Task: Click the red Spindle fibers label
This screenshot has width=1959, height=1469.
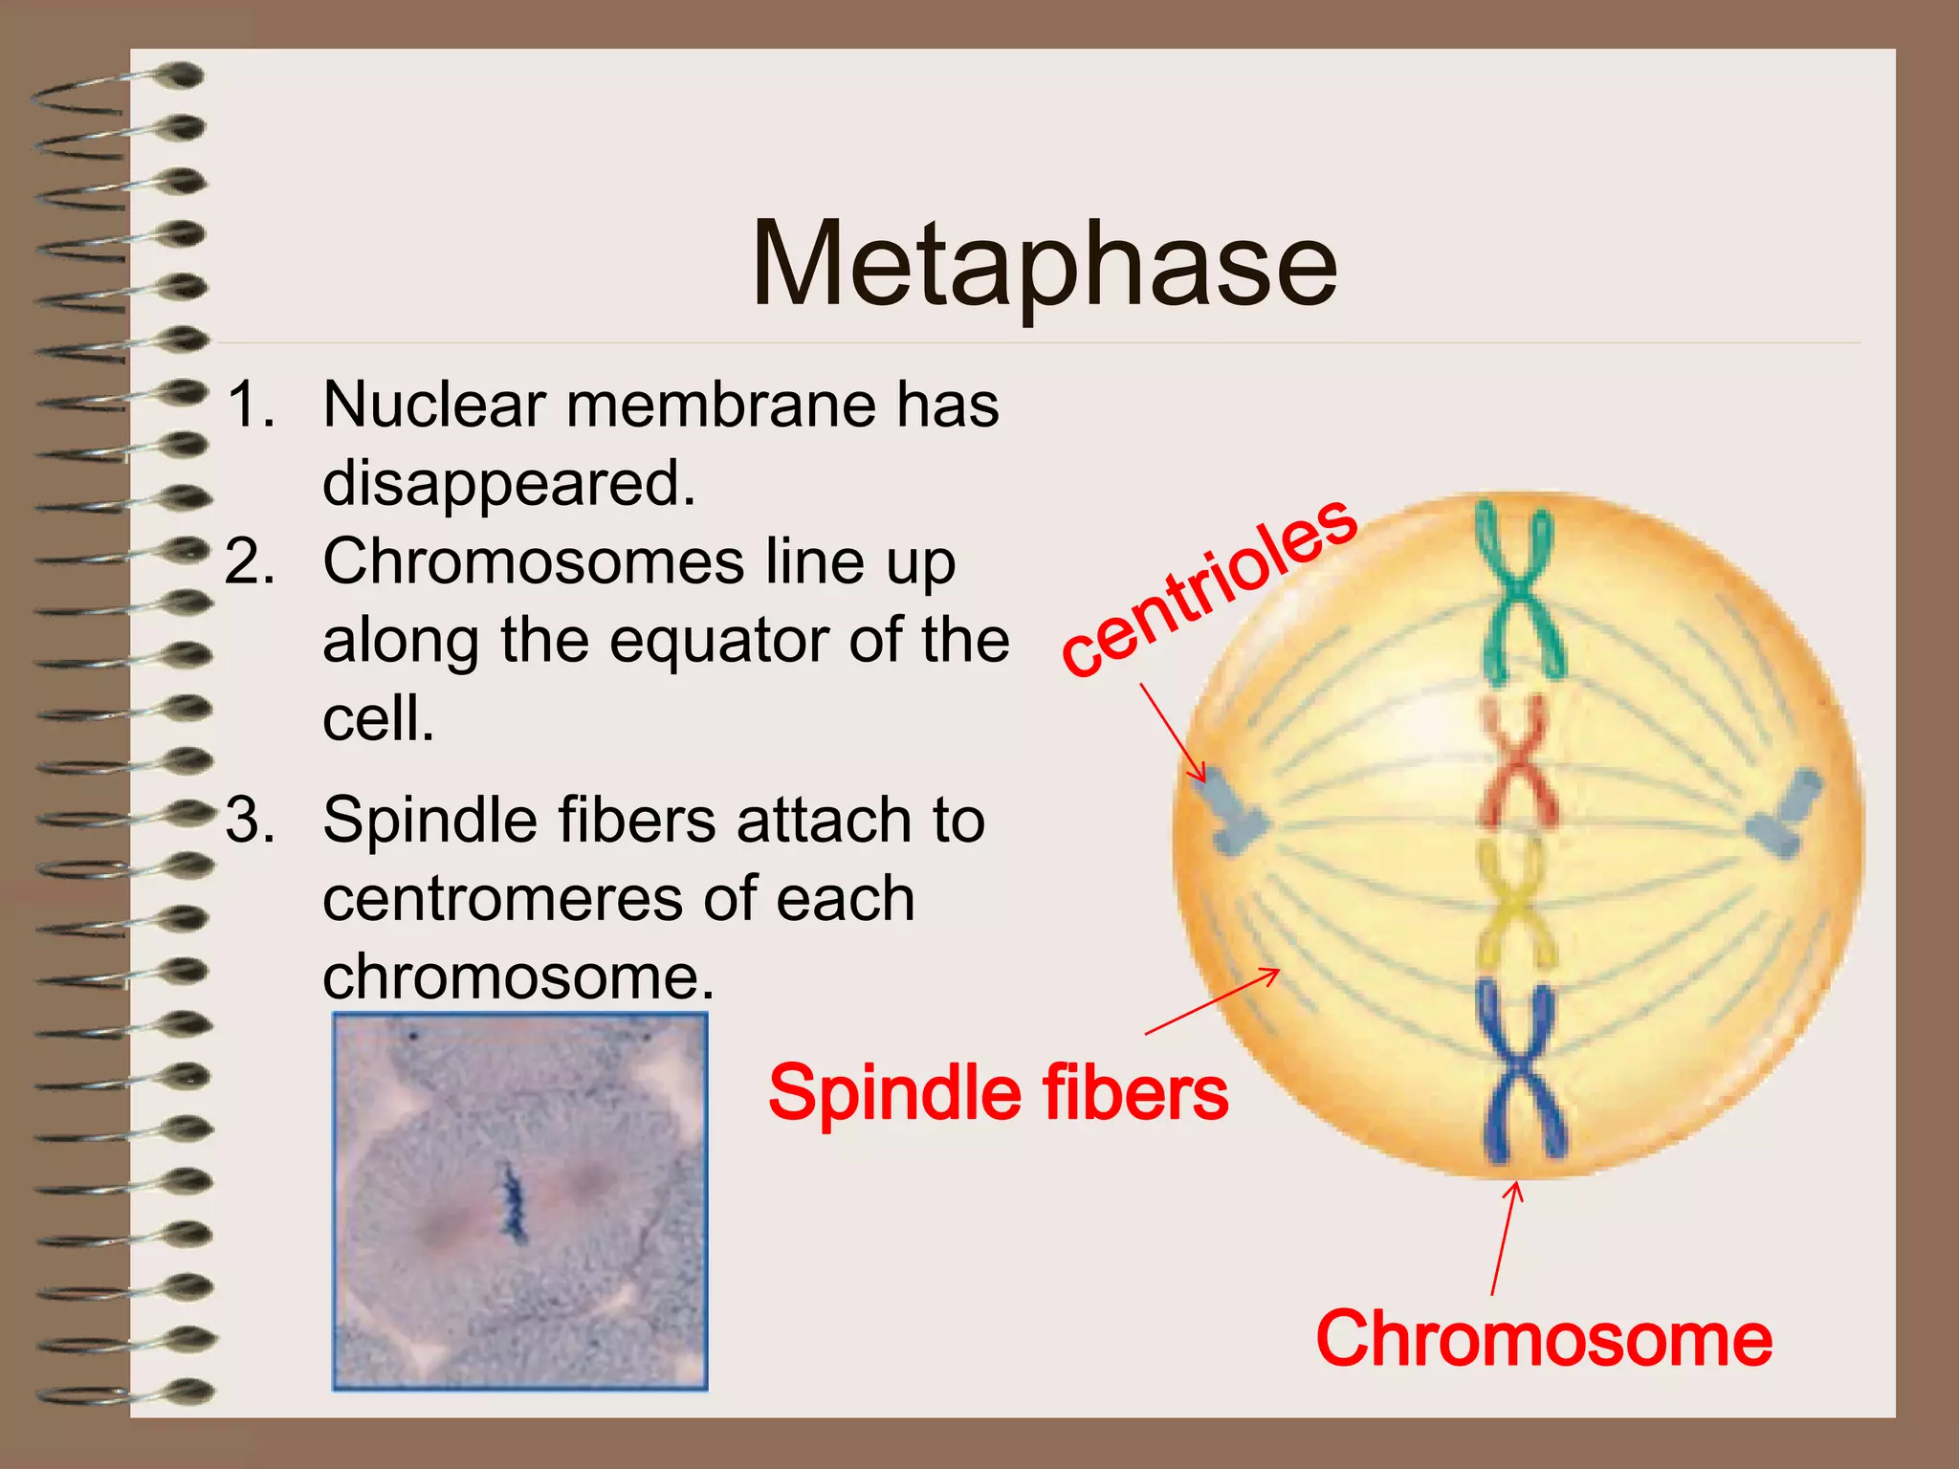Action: [x=998, y=1092]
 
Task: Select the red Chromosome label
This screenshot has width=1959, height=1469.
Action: [x=1543, y=1339]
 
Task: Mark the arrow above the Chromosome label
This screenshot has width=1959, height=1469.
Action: [x=1505, y=1239]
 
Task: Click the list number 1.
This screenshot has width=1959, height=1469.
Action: [x=250, y=405]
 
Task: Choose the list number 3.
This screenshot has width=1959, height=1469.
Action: [x=250, y=821]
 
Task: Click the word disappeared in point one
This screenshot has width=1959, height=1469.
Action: [x=508, y=484]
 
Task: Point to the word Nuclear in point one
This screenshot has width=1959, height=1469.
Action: [x=433, y=405]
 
